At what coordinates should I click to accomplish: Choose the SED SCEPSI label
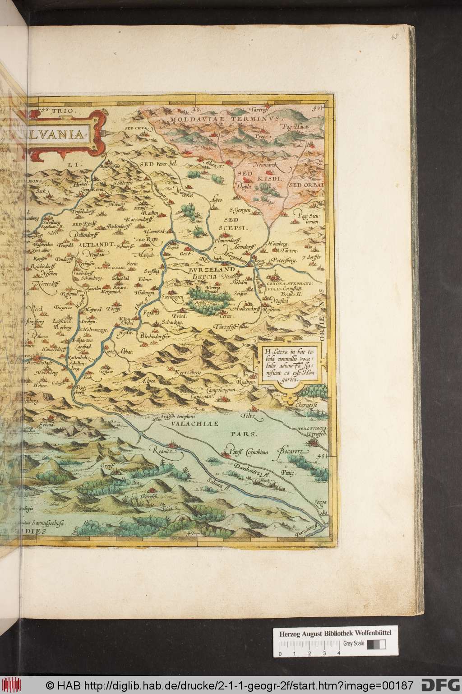pos(231,222)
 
